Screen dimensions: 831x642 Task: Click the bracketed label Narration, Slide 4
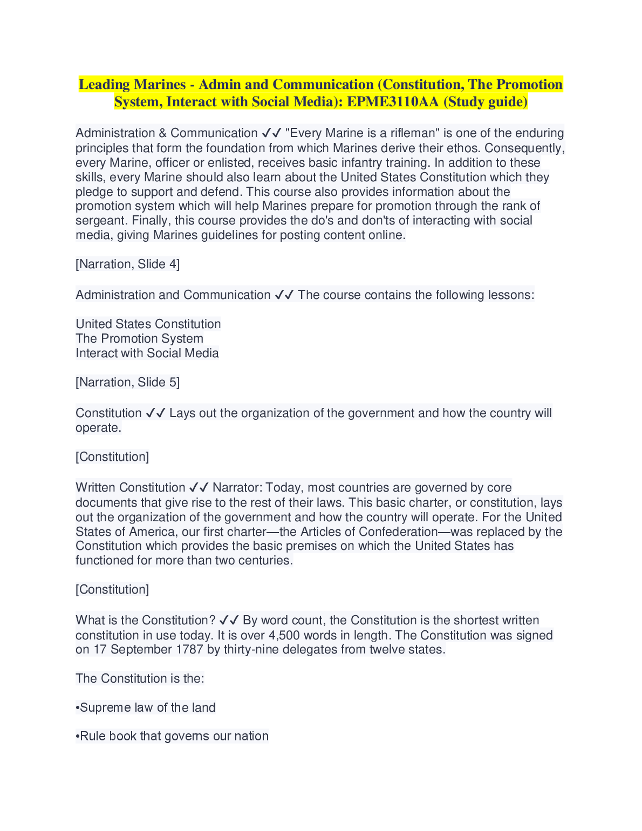(128, 264)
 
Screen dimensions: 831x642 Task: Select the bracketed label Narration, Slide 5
(128, 383)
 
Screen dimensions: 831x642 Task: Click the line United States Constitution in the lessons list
(148, 324)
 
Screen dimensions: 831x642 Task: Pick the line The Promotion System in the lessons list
(140, 339)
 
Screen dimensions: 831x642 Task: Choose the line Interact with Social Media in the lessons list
(147, 353)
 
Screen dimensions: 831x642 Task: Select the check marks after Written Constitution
(199, 488)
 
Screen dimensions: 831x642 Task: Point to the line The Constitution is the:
(140, 679)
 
